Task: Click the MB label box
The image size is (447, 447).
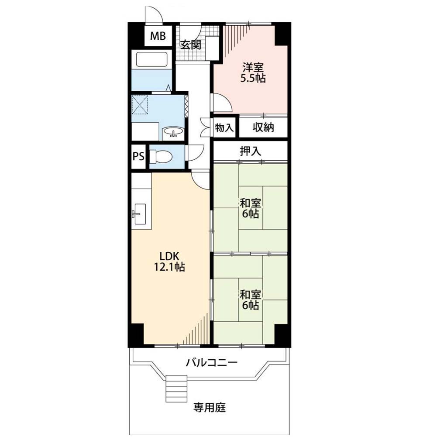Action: tap(158, 36)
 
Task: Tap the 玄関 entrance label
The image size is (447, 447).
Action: tap(190, 45)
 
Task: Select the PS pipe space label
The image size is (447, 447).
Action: tap(138, 156)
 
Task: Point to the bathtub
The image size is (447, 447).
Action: tap(151, 59)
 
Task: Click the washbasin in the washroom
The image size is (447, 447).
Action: tap(173, 133)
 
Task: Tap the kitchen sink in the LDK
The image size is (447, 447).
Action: tap(139, 214)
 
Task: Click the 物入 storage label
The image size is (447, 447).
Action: tap(224, 127)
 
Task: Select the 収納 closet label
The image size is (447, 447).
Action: tap(263, 127)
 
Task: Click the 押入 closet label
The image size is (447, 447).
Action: tap(250, 151)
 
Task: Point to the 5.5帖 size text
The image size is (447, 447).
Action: tap(253, 78)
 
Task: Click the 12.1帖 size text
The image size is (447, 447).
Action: tap(169, 267)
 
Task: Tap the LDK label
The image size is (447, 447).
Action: tap(169, 255)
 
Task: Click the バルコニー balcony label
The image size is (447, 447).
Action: tap(212, 363)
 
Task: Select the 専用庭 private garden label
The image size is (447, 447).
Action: tap(210, 407)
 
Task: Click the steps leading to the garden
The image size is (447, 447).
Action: tap(176, 388)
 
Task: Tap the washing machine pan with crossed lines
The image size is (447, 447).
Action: tap(140, 104)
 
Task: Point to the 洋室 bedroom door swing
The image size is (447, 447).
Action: tap(221, 103)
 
